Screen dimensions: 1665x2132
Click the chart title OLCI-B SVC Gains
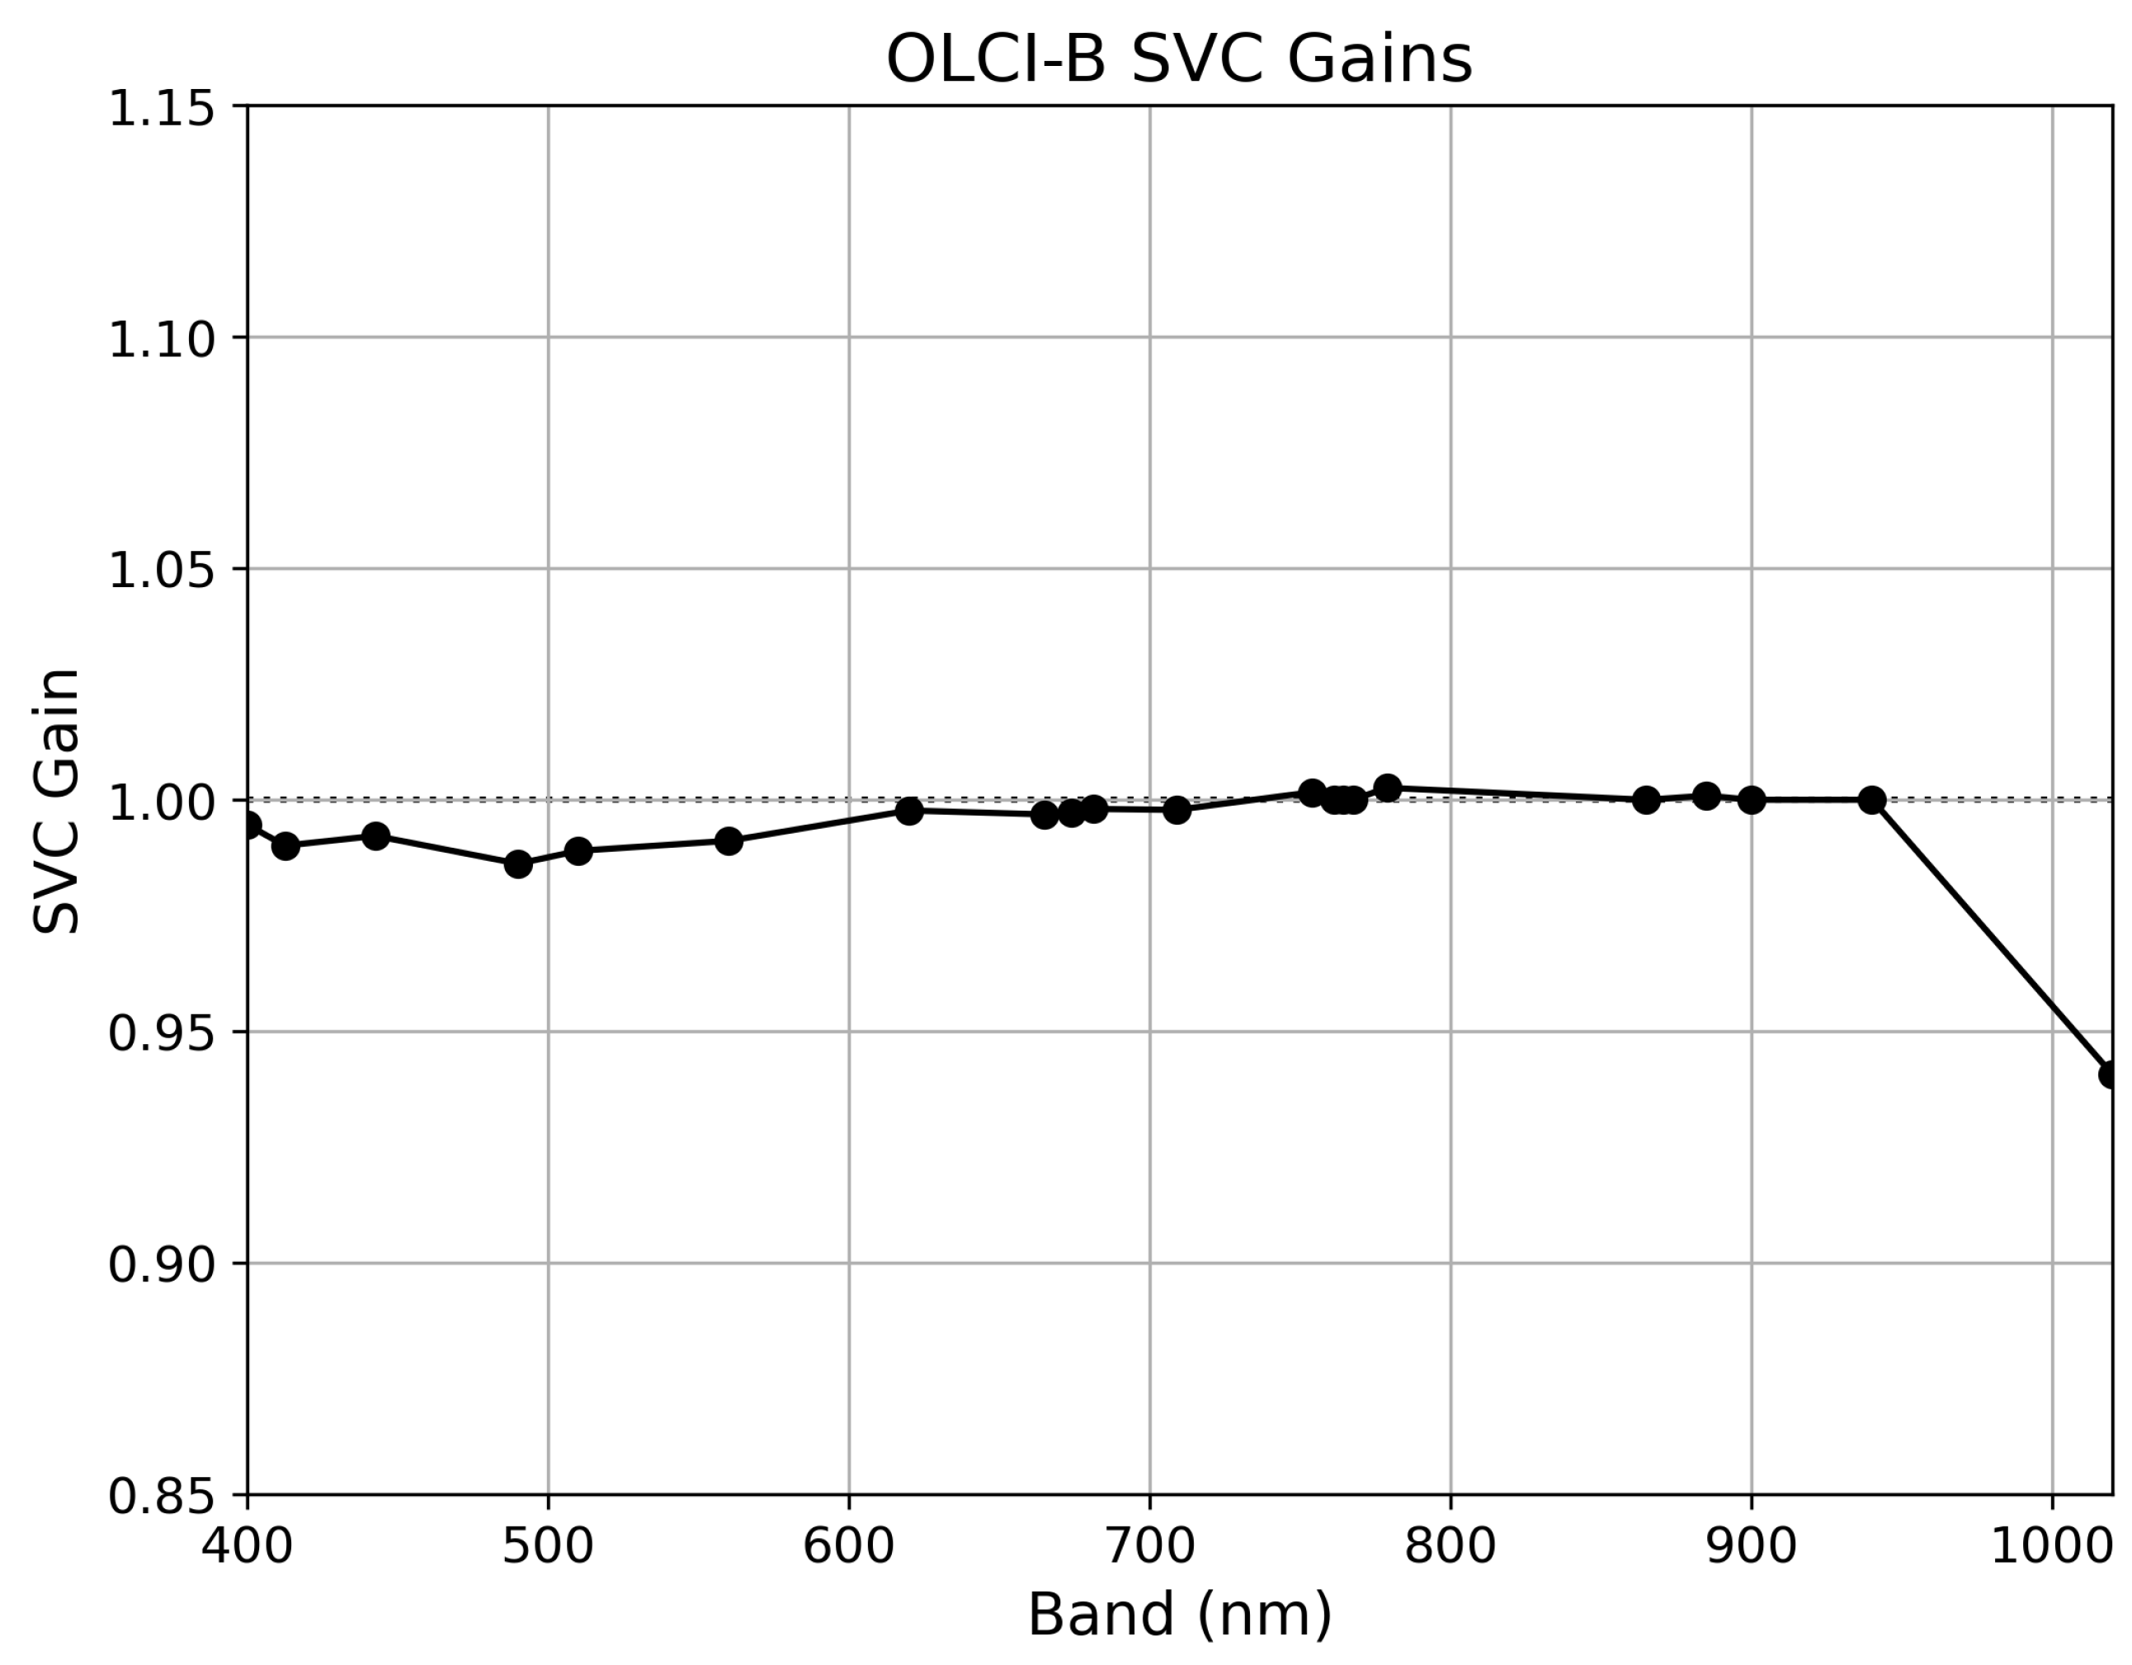tap(1178, 60)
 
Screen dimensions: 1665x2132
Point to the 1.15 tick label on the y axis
tap(161, 107)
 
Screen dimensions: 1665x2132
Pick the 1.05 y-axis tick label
tap(161, 570)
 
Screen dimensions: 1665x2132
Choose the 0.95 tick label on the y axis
tap(161, 1032)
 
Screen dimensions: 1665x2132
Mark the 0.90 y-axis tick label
tap(161, 1265)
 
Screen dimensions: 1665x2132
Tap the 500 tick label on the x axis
tap(548, 1546)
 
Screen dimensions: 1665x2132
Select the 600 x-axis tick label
tap(848, 1546)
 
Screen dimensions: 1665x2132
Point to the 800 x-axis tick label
tap(1450, 1546)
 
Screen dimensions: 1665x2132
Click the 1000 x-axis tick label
tap(2050, 1546)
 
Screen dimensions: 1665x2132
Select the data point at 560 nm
tap(729, 840)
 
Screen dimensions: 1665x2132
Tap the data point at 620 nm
tap(909, 810)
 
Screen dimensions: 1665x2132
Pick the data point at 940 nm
tap(1871, 800)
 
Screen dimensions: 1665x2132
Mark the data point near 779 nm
tap(1387, 788)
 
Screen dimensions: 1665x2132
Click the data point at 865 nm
tap(1646, 800)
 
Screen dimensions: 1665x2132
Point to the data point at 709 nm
tap(1177, 809)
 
